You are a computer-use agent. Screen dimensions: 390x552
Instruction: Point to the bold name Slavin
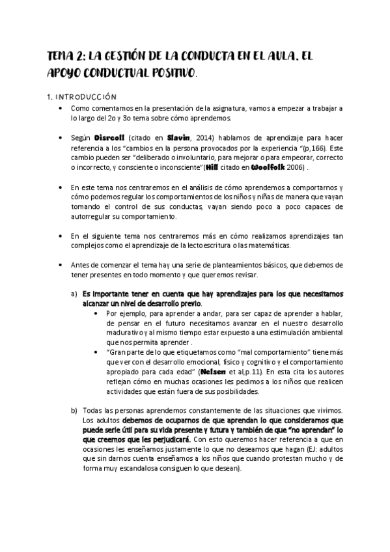click(179, 137)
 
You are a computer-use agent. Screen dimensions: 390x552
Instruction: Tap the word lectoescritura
click(234, 245)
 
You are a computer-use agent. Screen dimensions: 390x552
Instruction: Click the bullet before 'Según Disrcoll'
click(60, 137)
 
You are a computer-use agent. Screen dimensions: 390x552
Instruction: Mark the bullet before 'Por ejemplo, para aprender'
click(98, 312)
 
